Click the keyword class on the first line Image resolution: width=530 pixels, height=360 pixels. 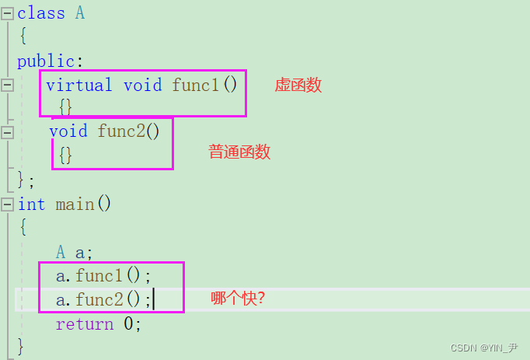(41, 12)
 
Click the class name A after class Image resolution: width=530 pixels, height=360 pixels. (79, 12)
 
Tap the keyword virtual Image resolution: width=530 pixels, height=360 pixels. (78, 85)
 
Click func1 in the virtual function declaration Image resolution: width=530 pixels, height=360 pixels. (195, 85)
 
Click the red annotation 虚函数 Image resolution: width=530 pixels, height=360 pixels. (298, 86)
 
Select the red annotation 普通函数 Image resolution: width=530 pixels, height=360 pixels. (239, 152)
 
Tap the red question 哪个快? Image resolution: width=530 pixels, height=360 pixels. (239, 298)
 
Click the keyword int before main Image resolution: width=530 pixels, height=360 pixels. (32, 204)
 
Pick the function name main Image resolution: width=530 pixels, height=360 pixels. (75, 204)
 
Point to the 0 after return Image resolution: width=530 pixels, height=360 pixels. (129, 323)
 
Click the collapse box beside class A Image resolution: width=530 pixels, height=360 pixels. (8, 13)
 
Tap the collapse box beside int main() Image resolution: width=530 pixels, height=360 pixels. (8, 204)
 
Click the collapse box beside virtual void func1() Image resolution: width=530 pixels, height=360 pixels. (8, 85)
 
